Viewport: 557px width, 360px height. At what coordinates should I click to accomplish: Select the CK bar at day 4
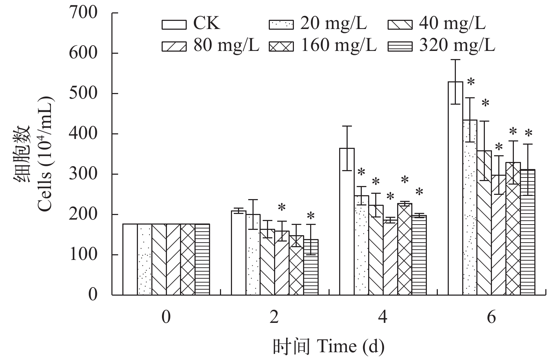347,221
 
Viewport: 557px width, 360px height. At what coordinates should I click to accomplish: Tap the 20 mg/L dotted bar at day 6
470,207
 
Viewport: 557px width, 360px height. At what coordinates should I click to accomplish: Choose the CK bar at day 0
130,259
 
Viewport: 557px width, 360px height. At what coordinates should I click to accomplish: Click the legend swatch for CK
174,25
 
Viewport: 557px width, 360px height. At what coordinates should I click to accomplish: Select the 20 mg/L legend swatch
281,25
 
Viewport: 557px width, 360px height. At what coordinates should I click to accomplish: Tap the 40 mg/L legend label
452,23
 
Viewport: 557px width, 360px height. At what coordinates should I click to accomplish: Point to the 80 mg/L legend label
226,45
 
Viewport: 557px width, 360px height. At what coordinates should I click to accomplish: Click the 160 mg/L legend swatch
281,47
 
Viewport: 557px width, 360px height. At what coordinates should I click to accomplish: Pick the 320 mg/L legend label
457,45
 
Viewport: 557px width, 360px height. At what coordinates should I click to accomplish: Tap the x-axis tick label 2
274,317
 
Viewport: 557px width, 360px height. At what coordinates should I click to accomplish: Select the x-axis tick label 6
491,317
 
